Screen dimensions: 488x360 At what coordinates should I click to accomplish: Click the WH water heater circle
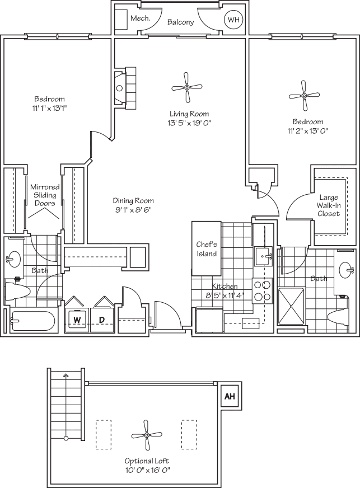[232, 21]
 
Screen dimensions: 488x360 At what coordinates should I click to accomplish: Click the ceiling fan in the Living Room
[186, 87]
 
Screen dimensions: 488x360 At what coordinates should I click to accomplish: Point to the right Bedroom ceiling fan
[304, 96]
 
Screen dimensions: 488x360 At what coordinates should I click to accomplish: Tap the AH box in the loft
[230, 396]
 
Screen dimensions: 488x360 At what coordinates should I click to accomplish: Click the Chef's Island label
[206, 249]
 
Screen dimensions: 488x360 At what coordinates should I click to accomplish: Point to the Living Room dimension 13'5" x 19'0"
[189, 123]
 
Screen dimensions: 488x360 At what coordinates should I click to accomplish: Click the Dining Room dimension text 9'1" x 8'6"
[133, 210]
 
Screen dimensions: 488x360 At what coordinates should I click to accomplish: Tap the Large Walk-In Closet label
[329, 205]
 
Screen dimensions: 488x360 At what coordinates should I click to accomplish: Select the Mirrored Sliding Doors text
[45, 195]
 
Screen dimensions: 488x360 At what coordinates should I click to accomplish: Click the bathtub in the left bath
[33, 322]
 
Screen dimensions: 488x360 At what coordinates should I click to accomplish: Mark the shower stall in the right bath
[291, 306]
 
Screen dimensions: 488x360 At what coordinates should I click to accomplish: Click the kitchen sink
[264, 257]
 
